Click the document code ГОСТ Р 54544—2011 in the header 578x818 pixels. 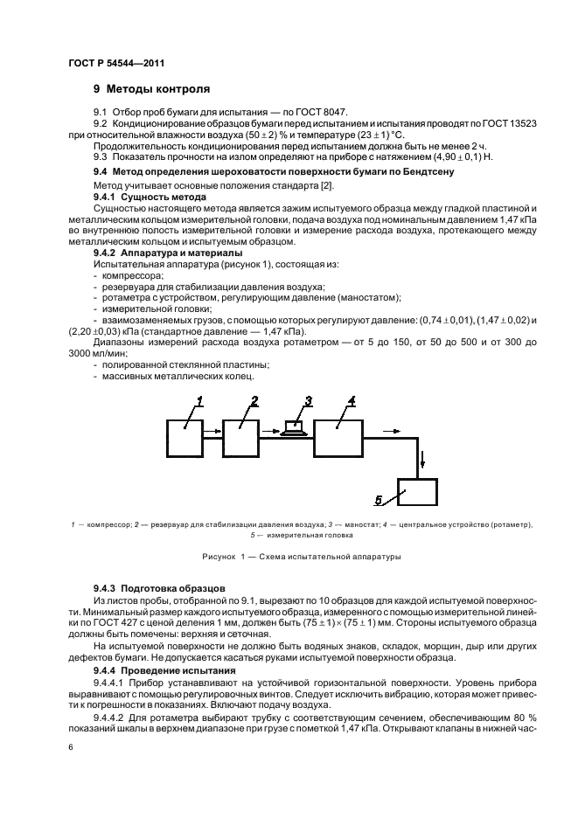(x=116, y=64)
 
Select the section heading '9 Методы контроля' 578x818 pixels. (x=152, y=89)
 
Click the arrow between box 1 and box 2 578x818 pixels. (x=212, y=430)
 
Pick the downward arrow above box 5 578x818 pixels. (x=422, y=461)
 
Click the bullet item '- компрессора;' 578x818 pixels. (x=128, y=275)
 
